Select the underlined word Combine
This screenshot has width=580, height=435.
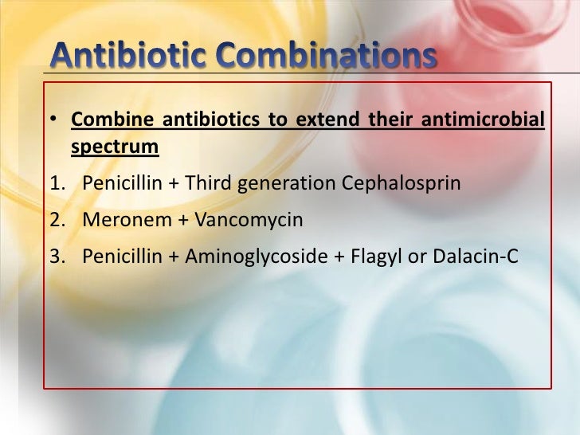point(110,121)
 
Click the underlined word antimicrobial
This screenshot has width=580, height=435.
point(487,121)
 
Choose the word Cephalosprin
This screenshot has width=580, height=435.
point(402,183)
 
